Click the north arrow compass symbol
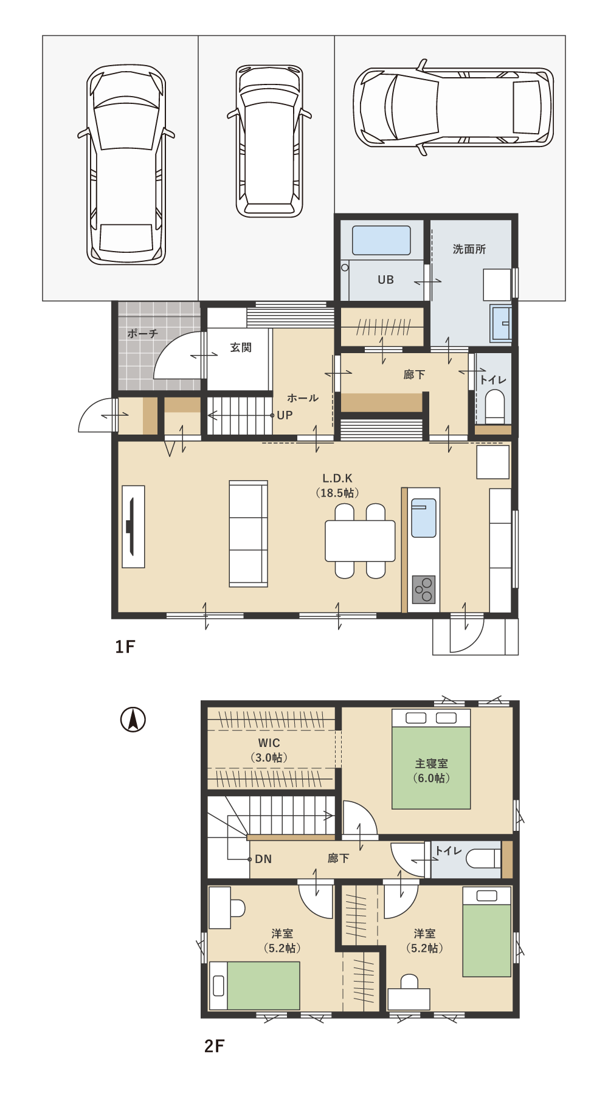coord(133,720)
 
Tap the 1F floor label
coord(125,647)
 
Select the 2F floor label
coord(215,1046)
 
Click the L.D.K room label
coord(337,478)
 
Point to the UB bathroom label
coord(386,280)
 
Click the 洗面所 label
coord(469,249)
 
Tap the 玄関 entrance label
coord(241,348)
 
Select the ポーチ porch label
coord(142,334)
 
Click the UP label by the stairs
coord(285,415)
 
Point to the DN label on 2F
coord(263,859)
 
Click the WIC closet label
coord(269,743)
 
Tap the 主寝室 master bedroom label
coord(432,763)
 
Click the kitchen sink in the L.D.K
coord(424,518)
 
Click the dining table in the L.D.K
coord(361,540)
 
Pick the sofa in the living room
coord(248,534)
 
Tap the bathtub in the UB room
coord(381,240)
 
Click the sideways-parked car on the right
coord(454,107)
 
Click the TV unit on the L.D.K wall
coord(133,526)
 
